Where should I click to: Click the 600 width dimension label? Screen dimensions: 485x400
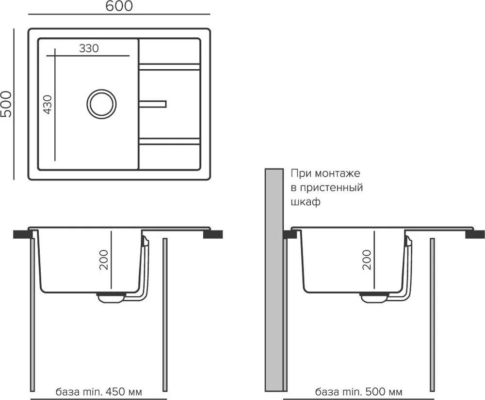pyautogui.click(x=119, y=6)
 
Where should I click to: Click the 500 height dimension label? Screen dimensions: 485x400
pyautogui.click(x=6, y=104)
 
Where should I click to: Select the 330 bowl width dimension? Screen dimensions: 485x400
pyautogui.click(x=89, y=48)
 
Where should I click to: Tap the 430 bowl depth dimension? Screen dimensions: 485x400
pyautogui.click(x=48, y=105)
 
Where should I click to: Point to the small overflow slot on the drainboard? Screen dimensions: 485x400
pyautogui.click(x=153, y=104)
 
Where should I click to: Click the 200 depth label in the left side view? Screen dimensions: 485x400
pyautogui.click(x=104, y=260)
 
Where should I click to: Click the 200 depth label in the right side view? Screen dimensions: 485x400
pyautogui.click(x=367, y=260)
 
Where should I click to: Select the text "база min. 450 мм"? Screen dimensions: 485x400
pyautogui.click(x=99, y=392)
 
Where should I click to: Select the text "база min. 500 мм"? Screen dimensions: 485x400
pyautogui.click(x=359, y=392)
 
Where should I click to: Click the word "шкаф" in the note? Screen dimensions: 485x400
pyautogui.click(x=305, y=202)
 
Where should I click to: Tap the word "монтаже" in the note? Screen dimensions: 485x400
pyautogui.click(x=338, y=173)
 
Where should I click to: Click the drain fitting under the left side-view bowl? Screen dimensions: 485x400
pyautogui.click(x=111, y=297)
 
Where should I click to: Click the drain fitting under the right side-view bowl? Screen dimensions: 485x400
pyautogui.click(x=373, y=297)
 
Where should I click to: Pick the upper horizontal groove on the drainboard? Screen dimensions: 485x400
pyautogui.click(x=169, y=67)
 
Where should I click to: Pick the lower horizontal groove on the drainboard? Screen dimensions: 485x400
pyautogui.click(x=169, y=141)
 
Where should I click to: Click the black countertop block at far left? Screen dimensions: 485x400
pyautogui.click(x=23, y=234)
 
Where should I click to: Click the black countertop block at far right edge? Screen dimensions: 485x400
pyautogui.click(x=475, y=234)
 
